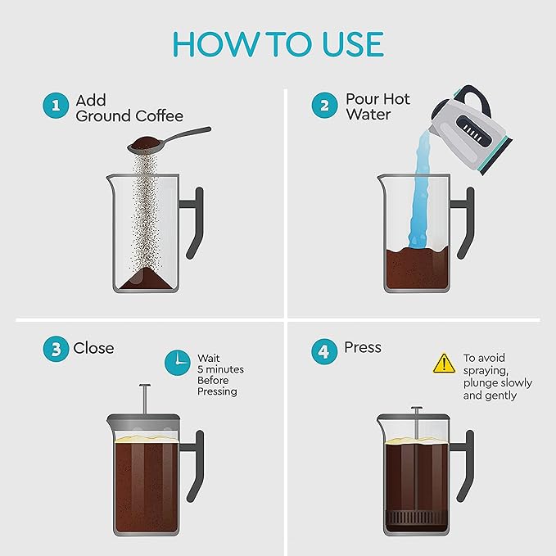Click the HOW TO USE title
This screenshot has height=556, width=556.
(x=278, y=45)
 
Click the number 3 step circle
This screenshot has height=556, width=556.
(x=55, y=349)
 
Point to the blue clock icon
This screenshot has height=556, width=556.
(x=177, y=362)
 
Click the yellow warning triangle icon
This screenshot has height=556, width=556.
(x=443, y=362)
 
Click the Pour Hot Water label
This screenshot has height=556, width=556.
(x=377, y=107)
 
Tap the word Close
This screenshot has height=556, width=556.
(x=94, y=348)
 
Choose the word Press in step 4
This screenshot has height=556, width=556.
(x=363, y=348)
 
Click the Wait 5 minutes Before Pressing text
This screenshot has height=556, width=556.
(x=219, y=375)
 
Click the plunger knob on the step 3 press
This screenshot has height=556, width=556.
(x=145, y=386)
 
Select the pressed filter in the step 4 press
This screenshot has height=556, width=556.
(x=416, y=520)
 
